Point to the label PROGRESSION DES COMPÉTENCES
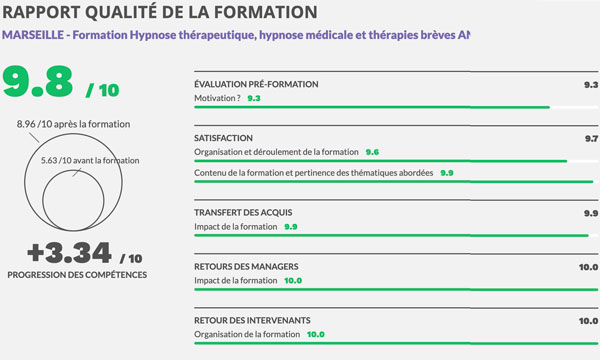point(77,273)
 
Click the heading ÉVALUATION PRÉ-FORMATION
point(256,84)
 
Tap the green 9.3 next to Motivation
point(253,99)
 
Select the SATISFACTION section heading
point(225,137)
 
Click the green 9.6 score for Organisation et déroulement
point(372,152)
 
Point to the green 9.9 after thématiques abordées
point(446,173)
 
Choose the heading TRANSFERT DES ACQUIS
point(245,213)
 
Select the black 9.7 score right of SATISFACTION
point(590,137)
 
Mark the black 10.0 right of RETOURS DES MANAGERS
point(588,267)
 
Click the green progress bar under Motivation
point(371,108)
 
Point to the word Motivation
point(216,99)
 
